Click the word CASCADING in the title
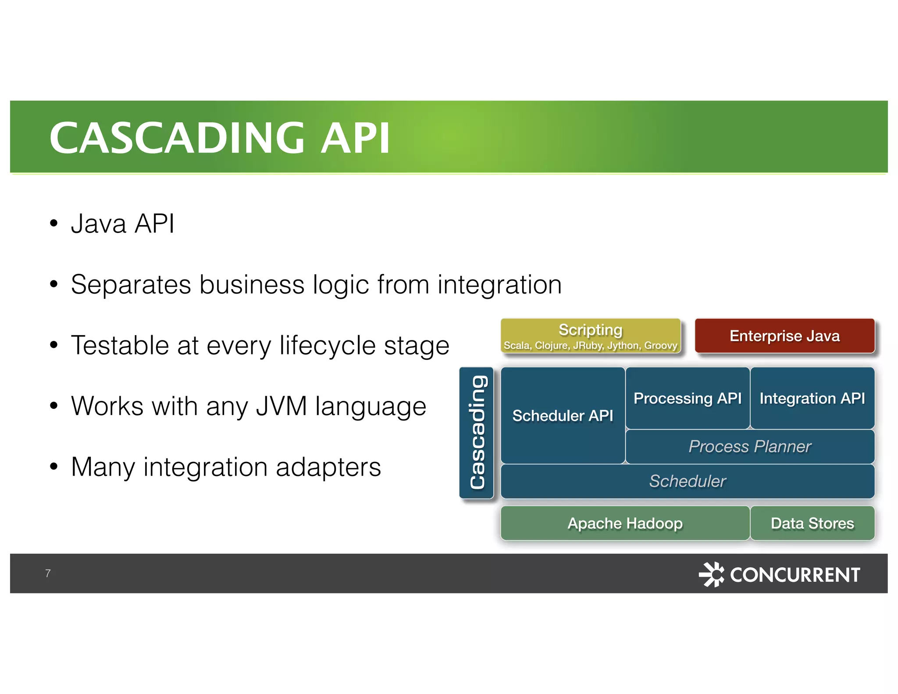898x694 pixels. coord(177,138)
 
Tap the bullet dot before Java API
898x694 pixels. coord(53,223)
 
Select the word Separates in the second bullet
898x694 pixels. coord(131,285)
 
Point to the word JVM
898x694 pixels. coord(282,406)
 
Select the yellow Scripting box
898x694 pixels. coord(590,336)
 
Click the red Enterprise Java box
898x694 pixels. coord(784,336)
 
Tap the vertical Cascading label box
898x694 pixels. coord(477,433)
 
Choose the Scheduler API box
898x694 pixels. coord(563,415)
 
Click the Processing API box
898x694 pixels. coord(687,398)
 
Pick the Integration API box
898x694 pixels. coord(812,398)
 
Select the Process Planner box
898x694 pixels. coord(750,447)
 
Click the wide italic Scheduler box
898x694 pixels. coord(687,481)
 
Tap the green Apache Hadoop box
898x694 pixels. coord(625,523)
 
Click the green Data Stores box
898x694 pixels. coord(812,523)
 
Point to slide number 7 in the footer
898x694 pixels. coord(48,573)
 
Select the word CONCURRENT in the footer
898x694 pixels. coord(795,575)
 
